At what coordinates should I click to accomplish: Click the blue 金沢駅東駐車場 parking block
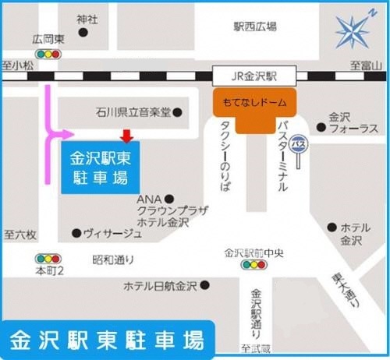pos(100,167)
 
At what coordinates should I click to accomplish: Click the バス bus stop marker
pos(298,143)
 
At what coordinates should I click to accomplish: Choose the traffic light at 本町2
pos(49,258)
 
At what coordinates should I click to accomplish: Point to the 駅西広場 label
pos(255,26)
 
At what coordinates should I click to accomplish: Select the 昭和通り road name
pos(113,259)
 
